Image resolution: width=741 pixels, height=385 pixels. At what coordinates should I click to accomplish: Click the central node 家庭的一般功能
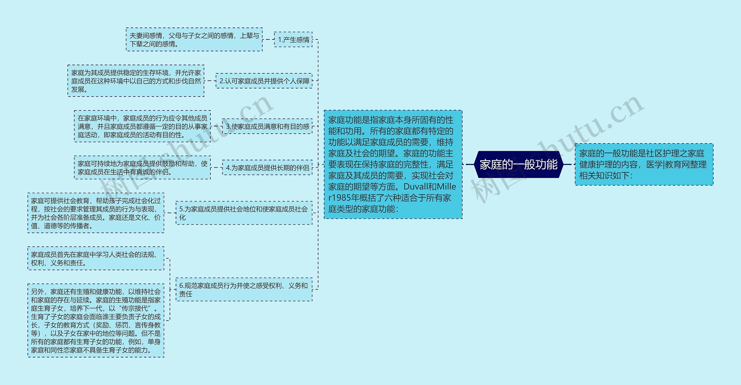pos(518,164)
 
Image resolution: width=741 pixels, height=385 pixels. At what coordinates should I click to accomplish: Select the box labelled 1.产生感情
pos(293,39)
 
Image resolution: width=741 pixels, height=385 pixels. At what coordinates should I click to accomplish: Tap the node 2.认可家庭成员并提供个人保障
pos(264,81)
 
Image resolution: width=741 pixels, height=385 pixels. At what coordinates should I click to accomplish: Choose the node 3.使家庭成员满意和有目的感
pos(267,126)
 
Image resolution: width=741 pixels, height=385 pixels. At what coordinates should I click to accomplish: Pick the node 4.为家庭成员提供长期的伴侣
pos(267,168)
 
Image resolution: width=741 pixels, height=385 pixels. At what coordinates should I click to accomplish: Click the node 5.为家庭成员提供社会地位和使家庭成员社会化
pos(244,213)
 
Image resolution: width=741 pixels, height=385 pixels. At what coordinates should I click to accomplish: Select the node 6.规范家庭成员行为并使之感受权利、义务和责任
pos(244,290)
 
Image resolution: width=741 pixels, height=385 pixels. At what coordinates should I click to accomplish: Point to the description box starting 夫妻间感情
pos(194,40)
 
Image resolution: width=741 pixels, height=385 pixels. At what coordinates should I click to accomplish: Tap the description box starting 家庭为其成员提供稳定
pos(136,81)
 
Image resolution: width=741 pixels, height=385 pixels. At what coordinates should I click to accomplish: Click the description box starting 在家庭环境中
pos(142,126)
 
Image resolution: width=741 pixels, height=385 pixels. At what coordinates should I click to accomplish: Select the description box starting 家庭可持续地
pos(142,168)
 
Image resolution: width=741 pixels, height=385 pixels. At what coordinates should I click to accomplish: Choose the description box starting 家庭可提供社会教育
pos(96,213)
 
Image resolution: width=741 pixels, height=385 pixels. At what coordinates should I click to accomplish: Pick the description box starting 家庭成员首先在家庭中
pos(96,259)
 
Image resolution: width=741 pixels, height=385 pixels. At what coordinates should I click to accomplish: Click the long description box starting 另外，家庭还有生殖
pos(96,321)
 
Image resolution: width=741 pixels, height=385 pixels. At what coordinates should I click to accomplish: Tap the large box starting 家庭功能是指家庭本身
pos(393,164)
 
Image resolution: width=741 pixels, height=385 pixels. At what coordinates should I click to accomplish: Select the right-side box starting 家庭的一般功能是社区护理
pos(644,164)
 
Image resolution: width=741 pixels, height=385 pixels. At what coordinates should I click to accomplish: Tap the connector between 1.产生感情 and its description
pos(268,39)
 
